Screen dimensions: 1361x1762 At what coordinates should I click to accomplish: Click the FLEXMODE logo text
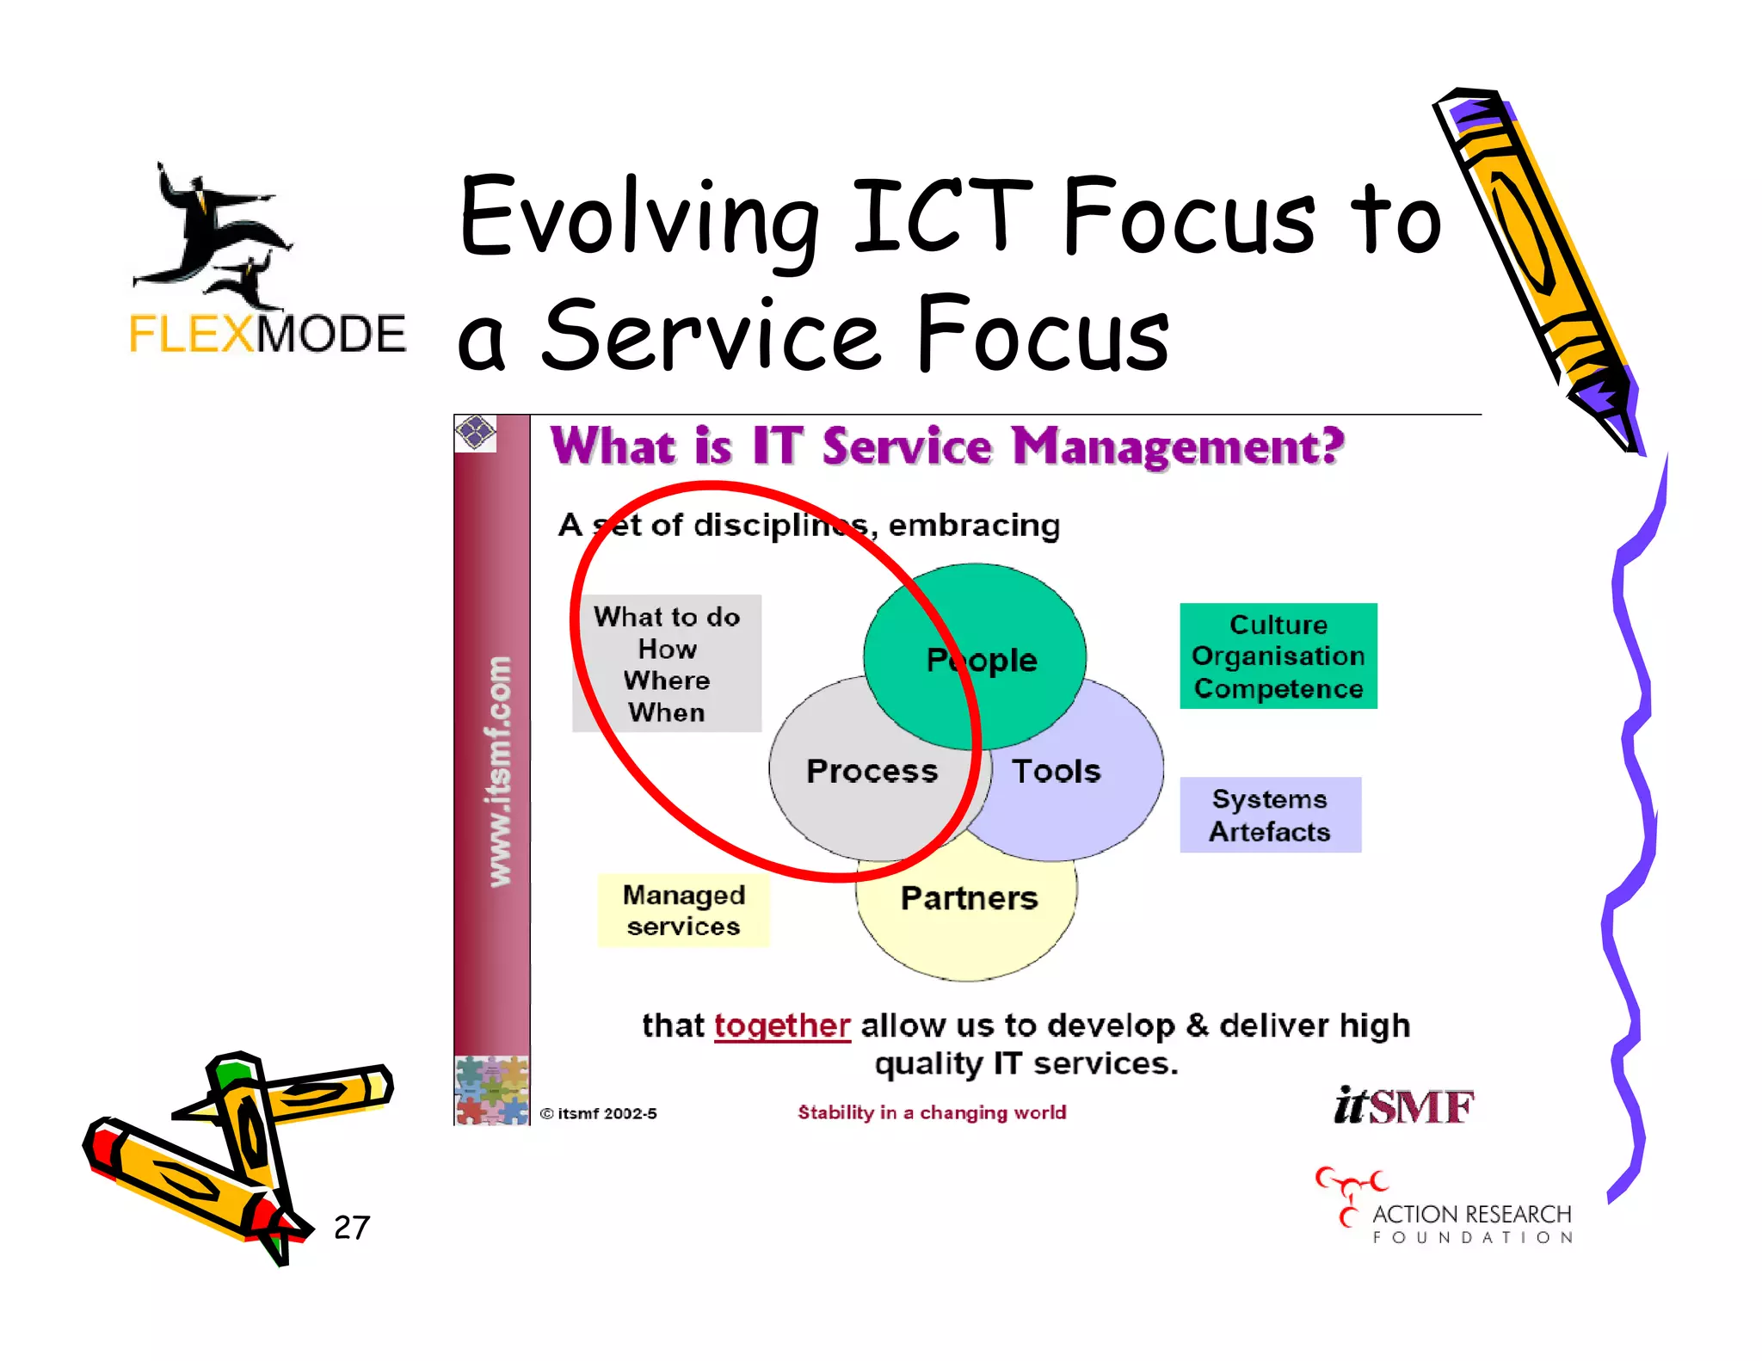[267, 334]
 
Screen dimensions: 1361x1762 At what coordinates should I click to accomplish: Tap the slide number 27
[351, 1228]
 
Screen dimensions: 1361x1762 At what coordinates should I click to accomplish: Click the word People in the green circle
[982, 660]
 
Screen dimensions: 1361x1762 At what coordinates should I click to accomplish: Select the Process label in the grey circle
[872, 771]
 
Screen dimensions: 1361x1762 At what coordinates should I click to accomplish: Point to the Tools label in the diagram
[1056, 771]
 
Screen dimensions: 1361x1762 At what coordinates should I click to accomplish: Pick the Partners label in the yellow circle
[969, 898]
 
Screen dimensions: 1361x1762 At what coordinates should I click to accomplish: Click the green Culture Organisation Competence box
[1278, 656]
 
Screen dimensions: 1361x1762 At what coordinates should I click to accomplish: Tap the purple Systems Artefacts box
[1270, 815]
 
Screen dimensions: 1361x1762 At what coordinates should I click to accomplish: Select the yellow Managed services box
[683, 910]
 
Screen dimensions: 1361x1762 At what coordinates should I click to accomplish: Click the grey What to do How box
[667, 663]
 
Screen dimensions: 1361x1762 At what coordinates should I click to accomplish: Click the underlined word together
[782, 1025]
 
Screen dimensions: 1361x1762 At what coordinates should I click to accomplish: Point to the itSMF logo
[1403, 1105]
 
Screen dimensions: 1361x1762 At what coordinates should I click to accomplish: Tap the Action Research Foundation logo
[1445, 1209]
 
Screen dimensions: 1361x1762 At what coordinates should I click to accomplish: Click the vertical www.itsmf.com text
[499, 771]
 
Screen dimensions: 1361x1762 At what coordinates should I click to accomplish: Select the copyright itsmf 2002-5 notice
[599, 1113]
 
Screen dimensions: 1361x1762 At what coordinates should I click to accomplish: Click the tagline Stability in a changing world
[932, 1112]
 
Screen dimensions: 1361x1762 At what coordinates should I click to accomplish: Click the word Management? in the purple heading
[1177, 447]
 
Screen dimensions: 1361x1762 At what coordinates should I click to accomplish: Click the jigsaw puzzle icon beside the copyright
[491, 1090]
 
